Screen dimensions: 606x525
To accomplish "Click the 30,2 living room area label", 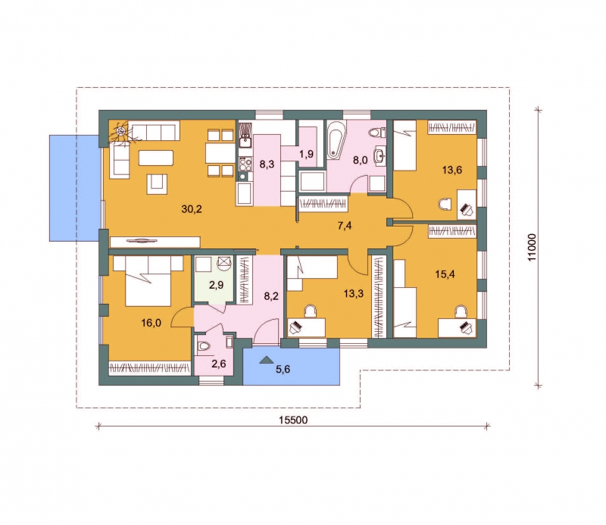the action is pyautogui.click(x=192, y=210).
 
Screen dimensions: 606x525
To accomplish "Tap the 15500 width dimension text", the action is pyautogui.click(x=293, y=420).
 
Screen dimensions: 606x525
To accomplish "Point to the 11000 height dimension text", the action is pyautogui.click(x=533, y=248).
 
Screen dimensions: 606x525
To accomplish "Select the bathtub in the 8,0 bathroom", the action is pyautogui.click(x=337, y=140).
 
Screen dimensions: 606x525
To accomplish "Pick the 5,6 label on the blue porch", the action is pyautogui.click(x=283, y=370).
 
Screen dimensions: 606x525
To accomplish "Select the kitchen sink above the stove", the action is pyautogui.click(x=245, y=141).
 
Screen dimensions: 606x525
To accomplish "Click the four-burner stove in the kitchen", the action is pyautogui.click(x=245, y=164).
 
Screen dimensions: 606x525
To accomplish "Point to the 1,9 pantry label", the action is pyautogui.click(x=306, y=155).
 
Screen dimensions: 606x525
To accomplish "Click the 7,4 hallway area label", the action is pyautogui.click(x=345, y=226).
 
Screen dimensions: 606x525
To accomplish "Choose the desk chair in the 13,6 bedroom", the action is pyautogui.click(x=445, y=204).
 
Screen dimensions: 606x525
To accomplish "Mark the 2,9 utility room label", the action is pyautogui.click(x=216, y=286).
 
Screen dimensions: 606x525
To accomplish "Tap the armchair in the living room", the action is pyautogui.click(x=157, y=184).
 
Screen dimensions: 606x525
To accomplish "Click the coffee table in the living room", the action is pyautogui.click(x=156, y=158).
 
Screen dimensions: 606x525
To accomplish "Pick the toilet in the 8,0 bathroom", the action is pyautogui.click(x=376, y=133).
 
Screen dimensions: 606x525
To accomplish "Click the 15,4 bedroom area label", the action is pyautogui.click(x=445, y=274).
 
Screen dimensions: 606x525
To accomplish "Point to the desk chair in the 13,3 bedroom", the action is pyautogui.click(x=311, y=311).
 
